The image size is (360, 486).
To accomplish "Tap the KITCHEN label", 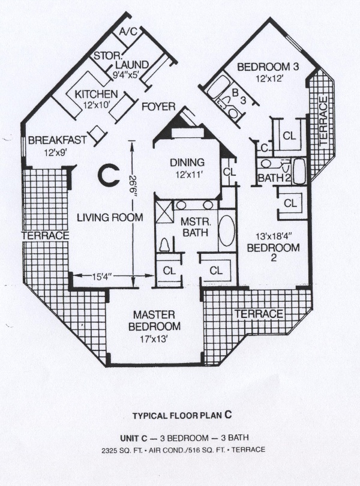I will point(96,94).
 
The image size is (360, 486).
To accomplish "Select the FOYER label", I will point(159,107).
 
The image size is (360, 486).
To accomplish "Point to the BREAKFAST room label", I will point(58,140).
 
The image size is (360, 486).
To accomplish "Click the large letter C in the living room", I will point(108,175).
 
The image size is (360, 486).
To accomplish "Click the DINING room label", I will point(187,162).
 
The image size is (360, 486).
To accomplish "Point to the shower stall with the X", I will point(163,211).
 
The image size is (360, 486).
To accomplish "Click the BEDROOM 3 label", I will point(268,67).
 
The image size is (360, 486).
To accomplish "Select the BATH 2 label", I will point(274,178).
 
